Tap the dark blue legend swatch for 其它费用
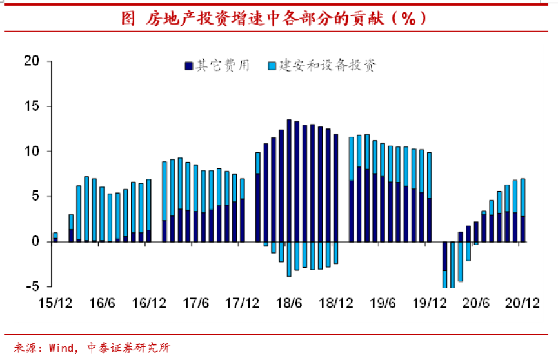(x=188, y=66)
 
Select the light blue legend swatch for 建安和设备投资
(x=272, y=66)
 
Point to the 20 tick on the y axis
(x=32, y=61)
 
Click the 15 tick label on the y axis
(x=32, y=106)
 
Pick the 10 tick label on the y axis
(x=32, y=152)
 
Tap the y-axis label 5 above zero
(x=35, y=197)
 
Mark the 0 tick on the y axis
(x=35, y=242)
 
